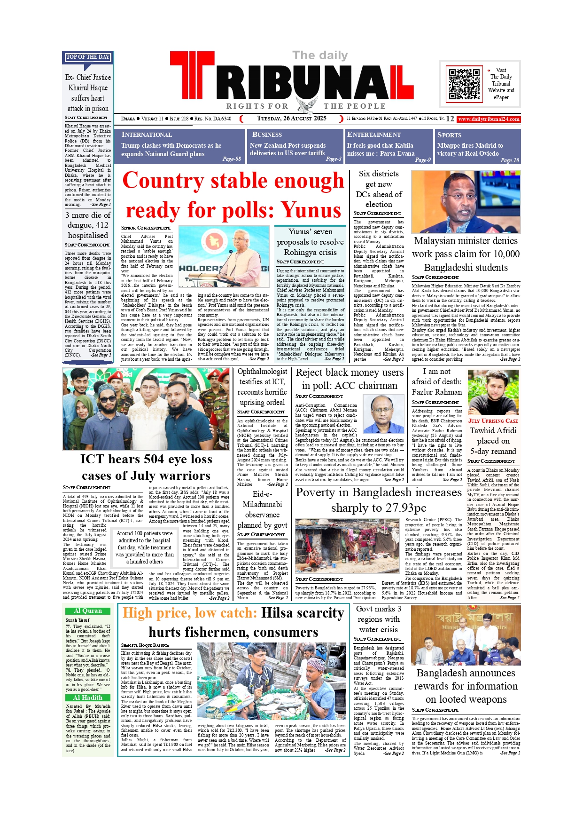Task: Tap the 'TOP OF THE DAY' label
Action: click(88, 57)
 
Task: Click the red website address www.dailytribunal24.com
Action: click(489, 119)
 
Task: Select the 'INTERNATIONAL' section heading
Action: click(147, 135)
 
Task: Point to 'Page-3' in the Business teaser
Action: click(334, 159)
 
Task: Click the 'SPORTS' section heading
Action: click(449, 135)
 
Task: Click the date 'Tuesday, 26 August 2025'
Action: click(291, 119)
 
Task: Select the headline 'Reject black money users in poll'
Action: click(350, 379)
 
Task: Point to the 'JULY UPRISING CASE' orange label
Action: click(493, 421)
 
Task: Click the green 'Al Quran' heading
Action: click(88, 611)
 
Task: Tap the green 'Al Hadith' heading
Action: click(88, 698)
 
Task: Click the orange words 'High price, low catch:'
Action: click(190, 613)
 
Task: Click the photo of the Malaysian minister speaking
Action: click(466, 202)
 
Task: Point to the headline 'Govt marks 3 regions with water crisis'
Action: click(378, 619)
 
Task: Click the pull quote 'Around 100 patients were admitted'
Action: click(145, 547)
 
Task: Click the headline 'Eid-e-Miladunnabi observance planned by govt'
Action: click(262, 509)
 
